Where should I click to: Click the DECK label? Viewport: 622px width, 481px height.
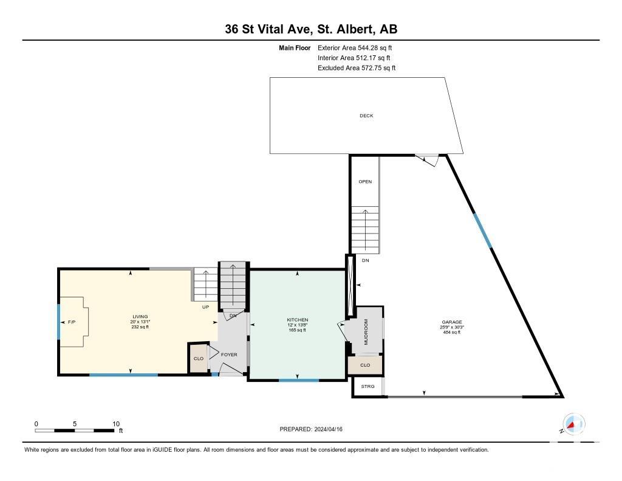click(366, 116)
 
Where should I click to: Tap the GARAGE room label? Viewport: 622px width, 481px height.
click(452, 322)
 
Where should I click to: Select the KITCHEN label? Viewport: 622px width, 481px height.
click(298, 320)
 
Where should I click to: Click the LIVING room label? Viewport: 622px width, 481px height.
click(140, 317)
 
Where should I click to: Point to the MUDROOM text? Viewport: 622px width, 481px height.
click(366, 331)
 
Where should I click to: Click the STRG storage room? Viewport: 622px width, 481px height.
click(367, 386)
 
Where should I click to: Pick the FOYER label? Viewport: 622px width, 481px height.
click(229, 355)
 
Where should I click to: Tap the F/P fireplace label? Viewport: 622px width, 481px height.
click(72, 322)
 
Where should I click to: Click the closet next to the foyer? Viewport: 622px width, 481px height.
click(199, 358)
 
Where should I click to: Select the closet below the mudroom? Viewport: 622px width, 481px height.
click(365, 365)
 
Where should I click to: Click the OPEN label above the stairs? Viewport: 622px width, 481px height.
click(365, 182)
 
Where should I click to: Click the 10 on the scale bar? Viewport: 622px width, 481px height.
click(116, 424)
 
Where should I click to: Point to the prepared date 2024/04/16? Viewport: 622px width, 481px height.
click(328, 429)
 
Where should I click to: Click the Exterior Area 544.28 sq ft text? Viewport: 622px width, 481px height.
click(355, 47)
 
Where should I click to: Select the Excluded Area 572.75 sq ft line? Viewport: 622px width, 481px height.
click(357, 68)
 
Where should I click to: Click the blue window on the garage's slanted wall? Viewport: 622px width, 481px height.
click(482, 230)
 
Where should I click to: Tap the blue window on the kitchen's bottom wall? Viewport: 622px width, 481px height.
click(299, 381)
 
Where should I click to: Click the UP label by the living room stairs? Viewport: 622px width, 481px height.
click(205, 307)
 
